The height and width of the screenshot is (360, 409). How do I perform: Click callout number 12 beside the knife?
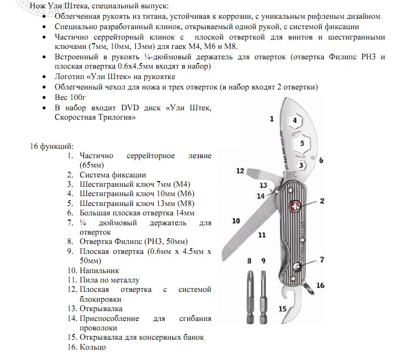pyautogui.click(x=239, y=171)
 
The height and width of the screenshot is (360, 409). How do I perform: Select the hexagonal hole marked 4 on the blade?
pyautogui.click(x=295, y=121)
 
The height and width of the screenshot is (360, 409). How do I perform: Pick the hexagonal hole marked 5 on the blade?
pyautogui.click(x=301, y=143)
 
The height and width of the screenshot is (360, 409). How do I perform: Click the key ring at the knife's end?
pyautogui.click(x=310, y=286)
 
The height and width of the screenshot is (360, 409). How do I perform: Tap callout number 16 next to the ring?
pyautogui.click(x=320, y=285)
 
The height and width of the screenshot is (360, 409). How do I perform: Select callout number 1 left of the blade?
pyautogui.click(x=271, y=119)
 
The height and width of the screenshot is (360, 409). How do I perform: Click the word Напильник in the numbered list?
pyautogui.click(x=99, y=271)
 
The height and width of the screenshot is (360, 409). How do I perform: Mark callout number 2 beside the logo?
pyautogui.click(x=322, y=201)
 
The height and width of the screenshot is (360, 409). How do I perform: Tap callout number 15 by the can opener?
pyautogui.click(x=283, y=308)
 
